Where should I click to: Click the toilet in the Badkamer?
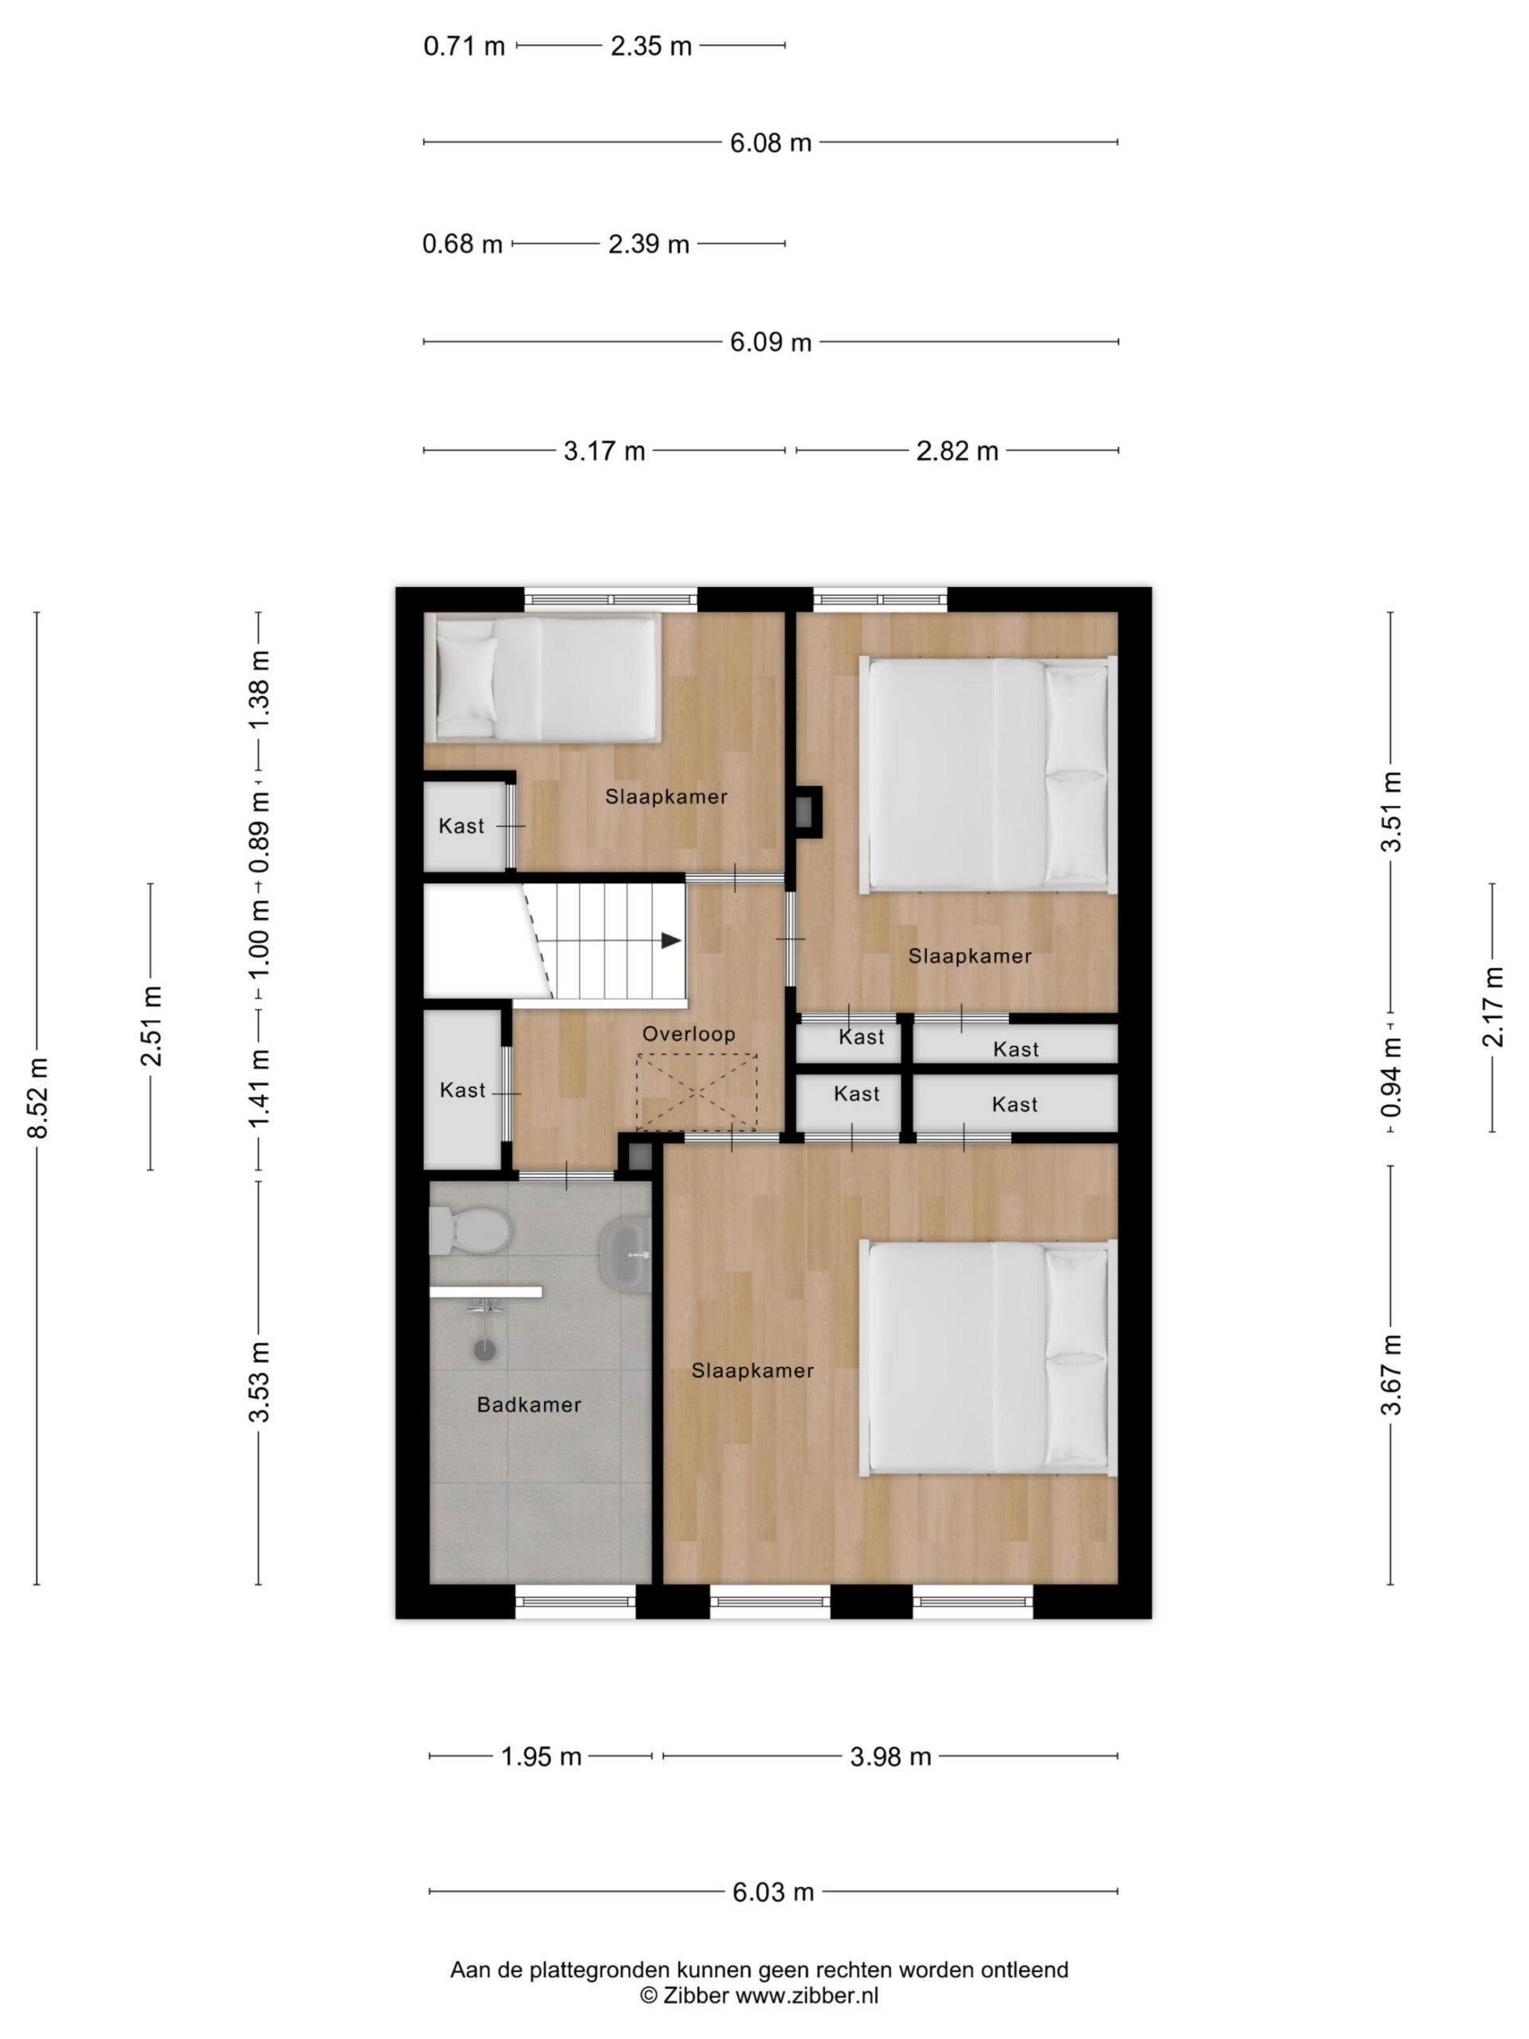(x=470, y=1230)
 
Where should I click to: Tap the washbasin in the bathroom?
(x=626, y=1254)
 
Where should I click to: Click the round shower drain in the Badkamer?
(x=485, y=1349)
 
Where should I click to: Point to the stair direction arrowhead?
(x=671, y=940)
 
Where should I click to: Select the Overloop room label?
(x=689, y=1033)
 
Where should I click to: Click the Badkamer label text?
(x=529, y=1404)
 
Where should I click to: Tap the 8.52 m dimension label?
(x=37, y=1098)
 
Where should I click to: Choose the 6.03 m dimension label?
(x=773, y=1892)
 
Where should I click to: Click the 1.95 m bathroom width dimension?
(x=541, y=1756)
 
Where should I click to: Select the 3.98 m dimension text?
(x=890, y=1756)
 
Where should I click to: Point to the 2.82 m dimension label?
(x=956, y=451)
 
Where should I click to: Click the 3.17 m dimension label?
(x=604, y=451)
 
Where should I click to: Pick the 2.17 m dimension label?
(x=1492, y=1007)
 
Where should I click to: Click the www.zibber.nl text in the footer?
(x=807, y=1996)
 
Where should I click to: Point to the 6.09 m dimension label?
(x=771, y=342)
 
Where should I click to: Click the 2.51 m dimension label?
(x=151, y=1026)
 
